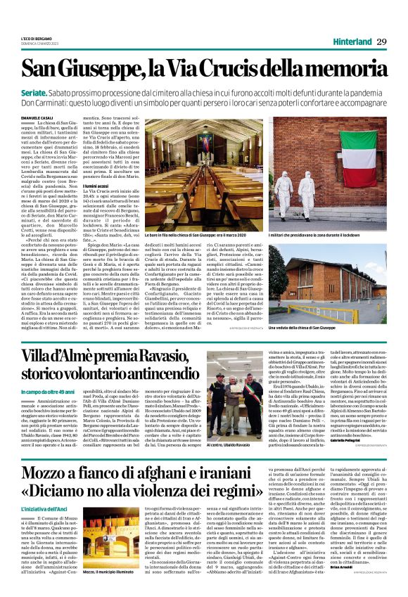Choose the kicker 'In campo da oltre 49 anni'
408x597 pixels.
[47, 390]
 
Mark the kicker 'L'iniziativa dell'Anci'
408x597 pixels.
[43, 525]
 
